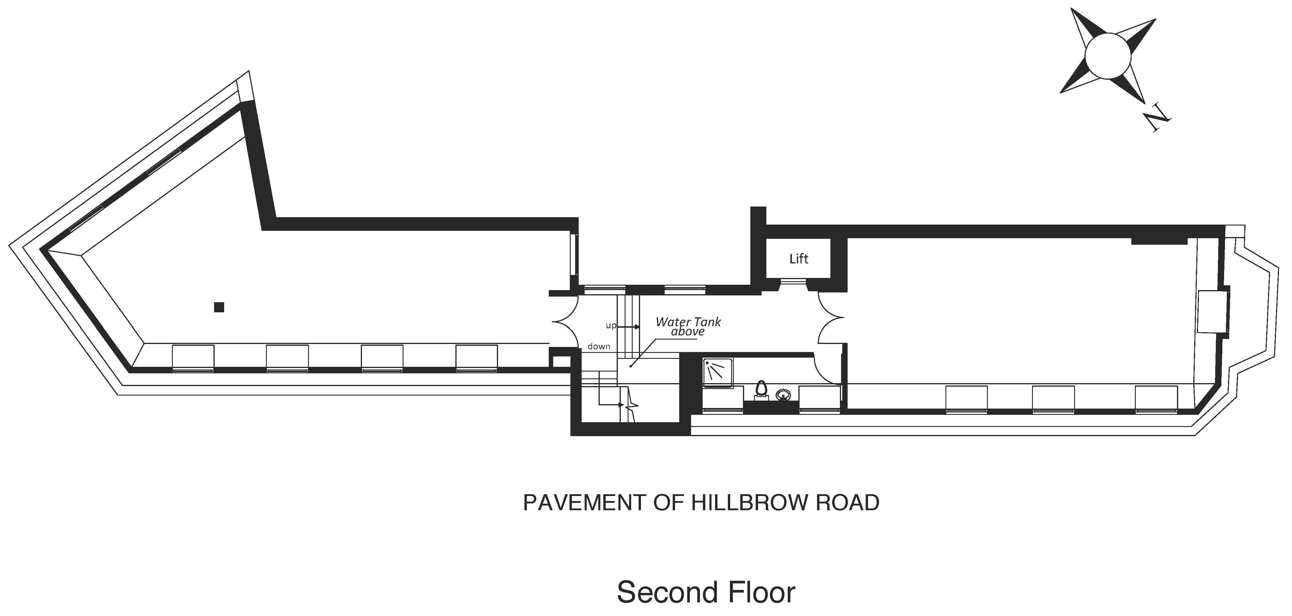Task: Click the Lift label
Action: pyautogui.click(x=798, y=259)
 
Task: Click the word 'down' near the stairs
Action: pyautogui.click(x=599, y=346)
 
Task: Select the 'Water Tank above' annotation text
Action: pyautogui.click(x=688, y=326)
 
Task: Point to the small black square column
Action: pyautogui.click(x=219, y=307)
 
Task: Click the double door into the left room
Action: pyautogui.click(x=566, y=321)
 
